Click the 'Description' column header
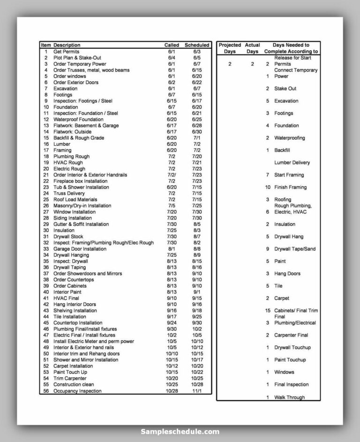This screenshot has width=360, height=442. point(67,45)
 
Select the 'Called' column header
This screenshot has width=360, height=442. point(171,45)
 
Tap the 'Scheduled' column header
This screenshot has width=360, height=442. point(197,45)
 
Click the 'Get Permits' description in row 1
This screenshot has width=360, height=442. point(66,52)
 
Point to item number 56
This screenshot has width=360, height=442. point(46,391)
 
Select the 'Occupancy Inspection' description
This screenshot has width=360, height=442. point(77,391)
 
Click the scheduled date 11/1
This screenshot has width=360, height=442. point(197,391)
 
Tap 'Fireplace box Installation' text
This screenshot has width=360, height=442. point(80,181)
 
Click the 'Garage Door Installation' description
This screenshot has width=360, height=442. point(80,249)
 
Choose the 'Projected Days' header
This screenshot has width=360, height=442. point(230,48)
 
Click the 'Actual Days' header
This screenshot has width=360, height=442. point(252,48)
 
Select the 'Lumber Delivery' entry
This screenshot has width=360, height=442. point(292,163)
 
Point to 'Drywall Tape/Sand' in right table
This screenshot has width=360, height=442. point(295,249)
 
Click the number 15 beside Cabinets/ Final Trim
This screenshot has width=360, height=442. point(268,311)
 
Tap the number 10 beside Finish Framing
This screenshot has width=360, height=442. point(268,187)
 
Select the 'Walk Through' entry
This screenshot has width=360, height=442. point(289,397)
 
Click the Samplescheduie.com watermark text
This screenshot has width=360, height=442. point(180,432)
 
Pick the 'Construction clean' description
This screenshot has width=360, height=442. point(74,385)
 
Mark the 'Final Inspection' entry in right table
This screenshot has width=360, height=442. point(291,385)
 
